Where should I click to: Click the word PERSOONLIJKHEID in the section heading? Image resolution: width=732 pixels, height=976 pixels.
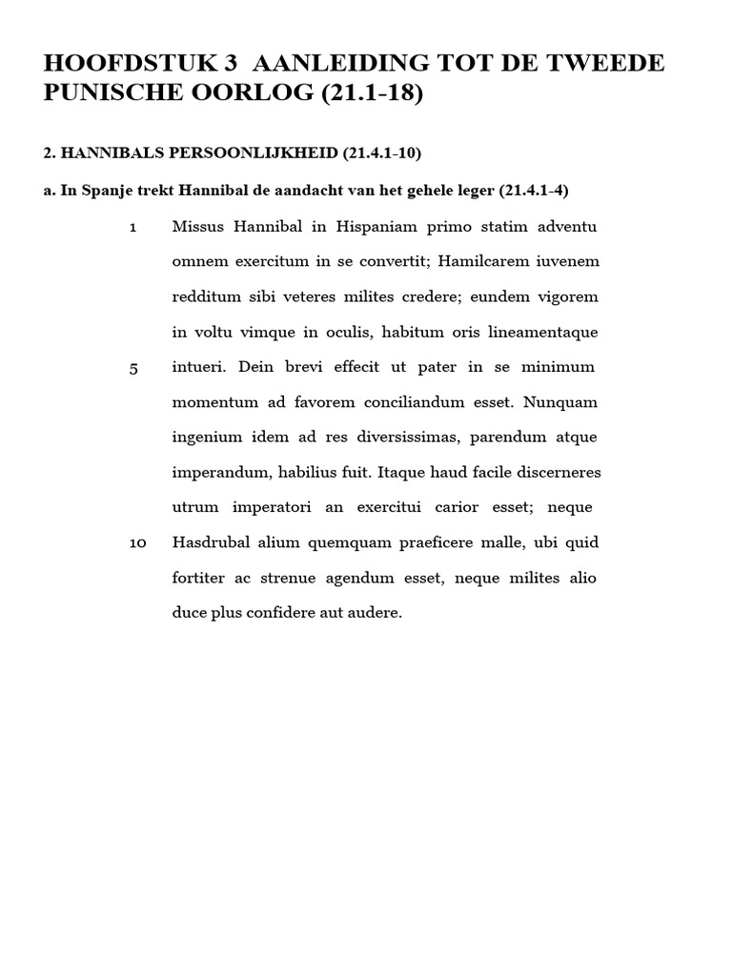tap(227, 153)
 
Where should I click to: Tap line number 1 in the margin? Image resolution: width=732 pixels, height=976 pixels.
tap(132, 228)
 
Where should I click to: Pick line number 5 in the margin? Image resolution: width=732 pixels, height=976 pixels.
tap(133, 369)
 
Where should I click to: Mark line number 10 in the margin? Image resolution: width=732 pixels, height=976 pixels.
tap(137, 543)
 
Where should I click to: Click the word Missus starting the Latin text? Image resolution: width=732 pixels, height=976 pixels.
tap(196, 226)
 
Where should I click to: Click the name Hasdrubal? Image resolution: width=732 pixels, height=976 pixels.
tap(211, 542)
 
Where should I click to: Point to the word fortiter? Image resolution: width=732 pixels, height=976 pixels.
tap(198, 578)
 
